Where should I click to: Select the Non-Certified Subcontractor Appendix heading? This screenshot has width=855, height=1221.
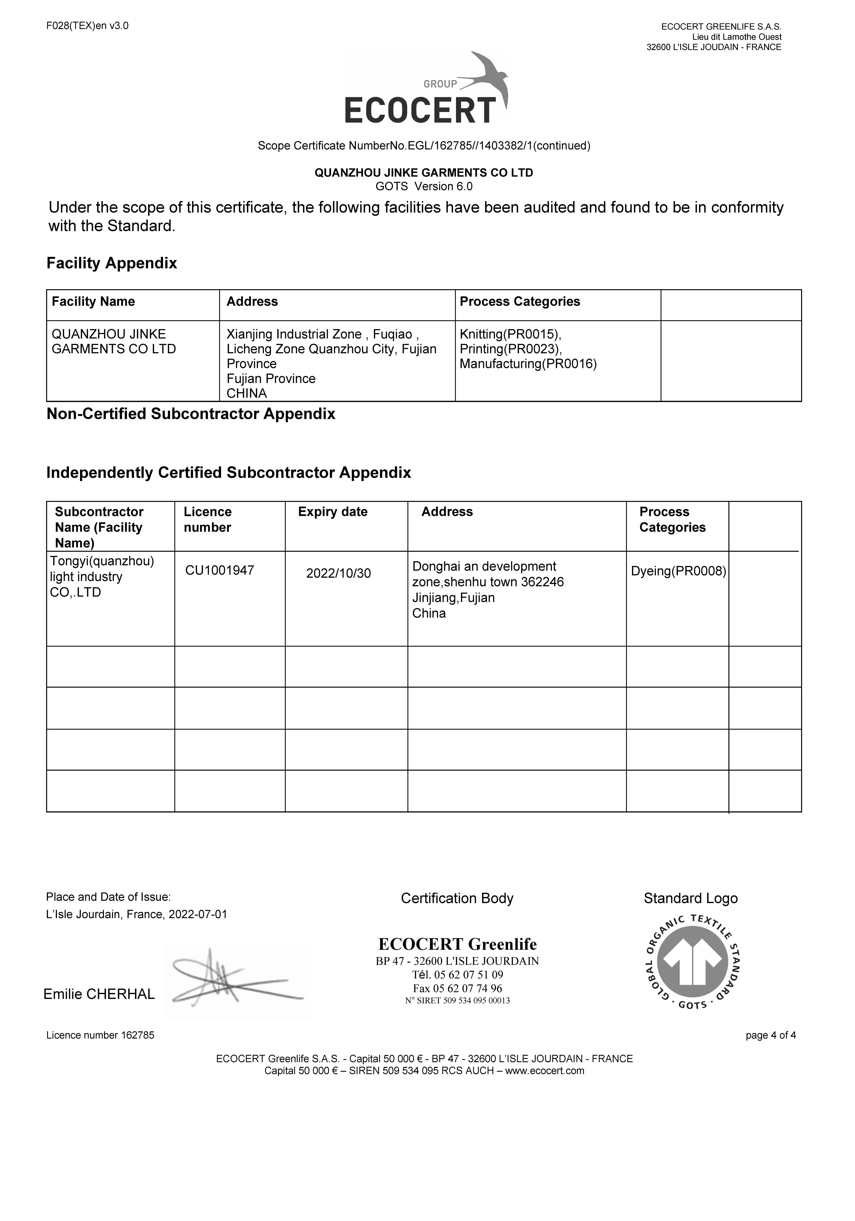click(191, 414)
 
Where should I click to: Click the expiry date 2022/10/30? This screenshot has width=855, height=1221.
click(338, 573)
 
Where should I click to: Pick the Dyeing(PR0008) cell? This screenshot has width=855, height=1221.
click(678, 571)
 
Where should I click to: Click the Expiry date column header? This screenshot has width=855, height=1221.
click(333, 512)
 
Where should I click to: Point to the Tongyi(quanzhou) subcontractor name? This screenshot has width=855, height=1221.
click(102, 561)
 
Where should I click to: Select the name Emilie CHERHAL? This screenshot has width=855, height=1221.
click(99, 994)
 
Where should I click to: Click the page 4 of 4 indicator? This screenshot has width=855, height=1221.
click(770, 1035)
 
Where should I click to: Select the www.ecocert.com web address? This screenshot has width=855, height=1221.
click(544, 1070)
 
